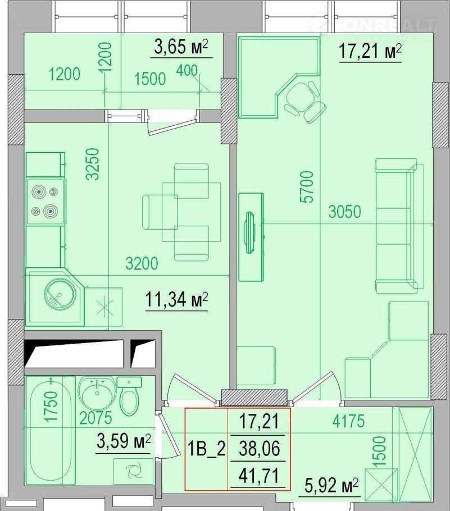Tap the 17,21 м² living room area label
click(370, 51)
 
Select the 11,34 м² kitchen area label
click(176, 299)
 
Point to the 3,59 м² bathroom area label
click(124, 441)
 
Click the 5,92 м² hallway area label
click(331, 486)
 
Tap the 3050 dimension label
click(345, 212)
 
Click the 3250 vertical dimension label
click(92, 164)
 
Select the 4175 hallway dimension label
click(348, 421)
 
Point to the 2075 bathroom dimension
click(96, 418)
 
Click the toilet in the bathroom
click(129, 396)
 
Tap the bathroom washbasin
click(97, 392)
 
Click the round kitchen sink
click(60, 294)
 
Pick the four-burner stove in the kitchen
click(46, 202)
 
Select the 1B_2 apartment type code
click(206, 449)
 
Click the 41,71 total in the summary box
click(259, 476)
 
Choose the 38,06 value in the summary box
click(259, 449)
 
